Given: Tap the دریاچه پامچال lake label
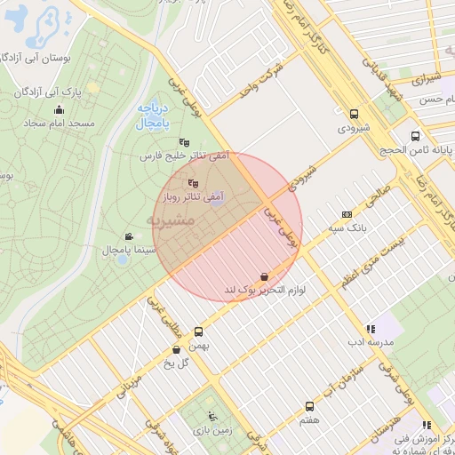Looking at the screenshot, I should [x=143, y=114].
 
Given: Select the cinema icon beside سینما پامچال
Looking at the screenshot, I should [x=129, y=236].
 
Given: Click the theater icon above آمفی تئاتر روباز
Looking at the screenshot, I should [x=194, y=184].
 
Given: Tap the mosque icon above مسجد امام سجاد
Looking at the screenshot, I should [x=60, y=110].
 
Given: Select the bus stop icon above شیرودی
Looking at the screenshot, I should [x=355, y=115].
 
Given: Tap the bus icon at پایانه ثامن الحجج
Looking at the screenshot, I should [x=415, y=136].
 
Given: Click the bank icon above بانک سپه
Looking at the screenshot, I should [x=346, y=214].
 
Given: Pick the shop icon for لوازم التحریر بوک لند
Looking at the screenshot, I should [x=264, y=277].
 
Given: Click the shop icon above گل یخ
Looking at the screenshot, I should [x=176, y=349].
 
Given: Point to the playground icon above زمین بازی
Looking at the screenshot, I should [x=212, y=416].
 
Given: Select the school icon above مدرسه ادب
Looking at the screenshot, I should [x=370, y=329].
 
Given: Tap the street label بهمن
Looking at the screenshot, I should [x=210, y=347].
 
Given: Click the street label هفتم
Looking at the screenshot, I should [x=309, y=419].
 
